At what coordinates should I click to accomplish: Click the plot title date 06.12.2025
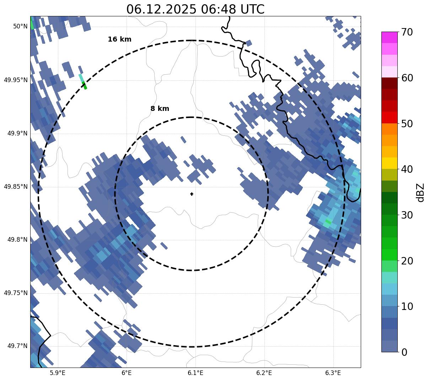pos(161,9)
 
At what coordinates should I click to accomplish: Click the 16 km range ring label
pos(119,39)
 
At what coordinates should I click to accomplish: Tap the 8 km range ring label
pos(160,109)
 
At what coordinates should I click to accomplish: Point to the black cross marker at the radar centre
pos(192,194)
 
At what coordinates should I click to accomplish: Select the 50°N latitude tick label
pos(20,26)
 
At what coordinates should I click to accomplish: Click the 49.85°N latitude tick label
pos(16,187)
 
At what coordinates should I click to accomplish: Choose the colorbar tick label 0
pos(404,352)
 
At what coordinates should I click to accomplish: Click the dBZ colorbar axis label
pos(421,192)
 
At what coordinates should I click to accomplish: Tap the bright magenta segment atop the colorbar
pos(389,37)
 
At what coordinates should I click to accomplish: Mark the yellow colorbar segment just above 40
pos(389,163)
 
